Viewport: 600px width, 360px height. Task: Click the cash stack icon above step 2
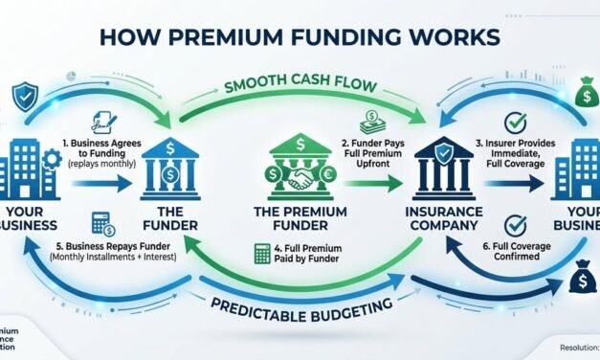point(372,122)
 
